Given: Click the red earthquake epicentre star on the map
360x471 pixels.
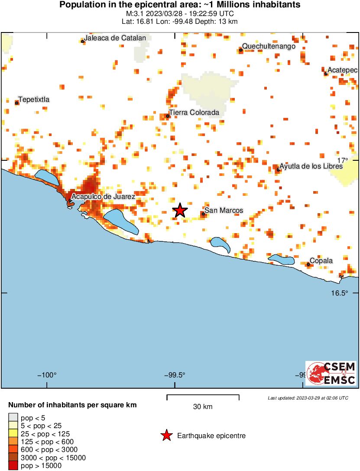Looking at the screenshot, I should [180, 211].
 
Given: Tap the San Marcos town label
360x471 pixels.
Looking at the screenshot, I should [224, 211].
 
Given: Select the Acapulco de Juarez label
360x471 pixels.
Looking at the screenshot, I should [103, 197].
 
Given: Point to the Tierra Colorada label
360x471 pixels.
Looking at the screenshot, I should [194, 113].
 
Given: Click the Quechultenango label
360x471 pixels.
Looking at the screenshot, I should [269, 46].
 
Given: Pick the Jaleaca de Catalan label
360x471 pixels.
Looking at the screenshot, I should [115, 38].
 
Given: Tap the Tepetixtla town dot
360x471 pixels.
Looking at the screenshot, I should [17, 103].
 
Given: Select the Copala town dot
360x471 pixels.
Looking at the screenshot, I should [308, 264].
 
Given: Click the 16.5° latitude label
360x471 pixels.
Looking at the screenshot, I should [340, 293].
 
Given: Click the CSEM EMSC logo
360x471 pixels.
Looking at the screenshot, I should [331, 373].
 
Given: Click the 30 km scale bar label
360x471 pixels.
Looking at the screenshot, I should [203, 407].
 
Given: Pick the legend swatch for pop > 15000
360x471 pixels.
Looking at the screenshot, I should [13, 466].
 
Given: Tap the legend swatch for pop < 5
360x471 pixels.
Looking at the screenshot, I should [13, 418].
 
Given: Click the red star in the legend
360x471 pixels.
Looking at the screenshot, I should [166, 435].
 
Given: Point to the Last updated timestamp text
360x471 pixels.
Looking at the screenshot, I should [308, 398].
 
